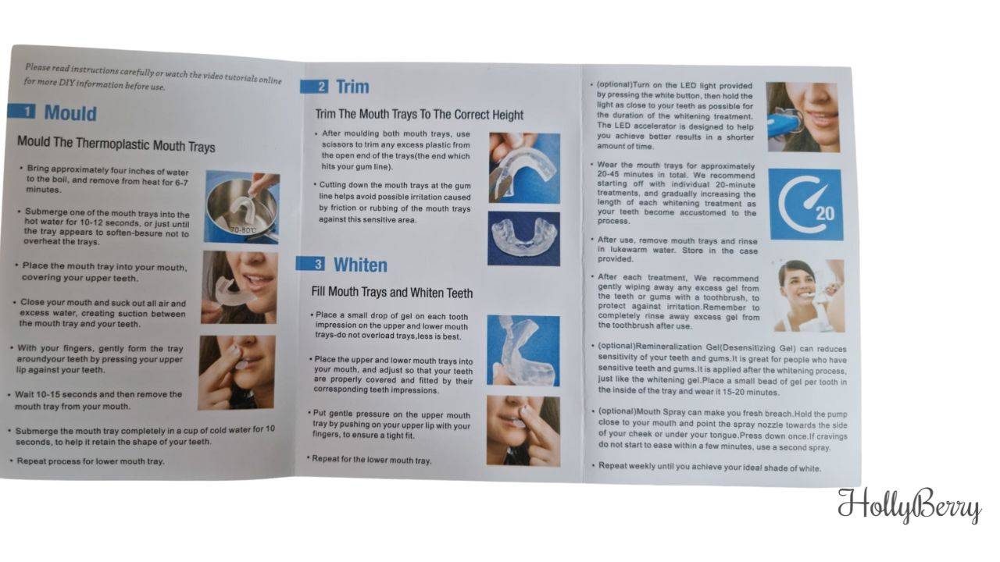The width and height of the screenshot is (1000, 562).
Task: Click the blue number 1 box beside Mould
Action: [x=28, y=112]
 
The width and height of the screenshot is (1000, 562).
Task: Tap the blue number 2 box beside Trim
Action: [x=322, y=87]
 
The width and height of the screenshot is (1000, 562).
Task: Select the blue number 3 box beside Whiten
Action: [x=318, y=265]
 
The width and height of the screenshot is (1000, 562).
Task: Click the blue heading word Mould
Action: [x=70, y=113]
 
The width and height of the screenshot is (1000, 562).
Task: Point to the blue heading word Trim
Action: [x=352, y=87]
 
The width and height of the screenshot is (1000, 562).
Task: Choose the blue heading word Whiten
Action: [x=360, y=265]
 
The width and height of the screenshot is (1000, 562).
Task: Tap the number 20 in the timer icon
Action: [x=824, y=213]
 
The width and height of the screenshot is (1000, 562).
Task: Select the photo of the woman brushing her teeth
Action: [x=808, y=295]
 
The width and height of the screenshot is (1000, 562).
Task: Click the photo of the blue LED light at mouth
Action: [x=802, y=117]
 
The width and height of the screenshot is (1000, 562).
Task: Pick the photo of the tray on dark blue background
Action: [x=523, y=238]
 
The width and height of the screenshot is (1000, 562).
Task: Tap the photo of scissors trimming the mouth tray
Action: [x=523, y=168]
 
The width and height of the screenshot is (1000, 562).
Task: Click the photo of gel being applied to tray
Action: [x=523, y=350]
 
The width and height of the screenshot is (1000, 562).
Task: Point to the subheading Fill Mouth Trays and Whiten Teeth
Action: [x=391, y=293]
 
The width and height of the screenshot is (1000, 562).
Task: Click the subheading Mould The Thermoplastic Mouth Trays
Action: [x=116, y=146]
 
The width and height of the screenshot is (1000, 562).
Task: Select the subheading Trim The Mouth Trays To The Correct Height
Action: [x=419, y=115]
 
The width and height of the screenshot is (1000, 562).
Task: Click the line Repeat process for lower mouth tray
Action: [x=91, y=461]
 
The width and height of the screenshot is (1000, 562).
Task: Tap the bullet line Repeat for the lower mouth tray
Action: [x=371, y=460]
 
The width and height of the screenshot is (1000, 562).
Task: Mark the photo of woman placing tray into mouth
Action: [x=238, y=287]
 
